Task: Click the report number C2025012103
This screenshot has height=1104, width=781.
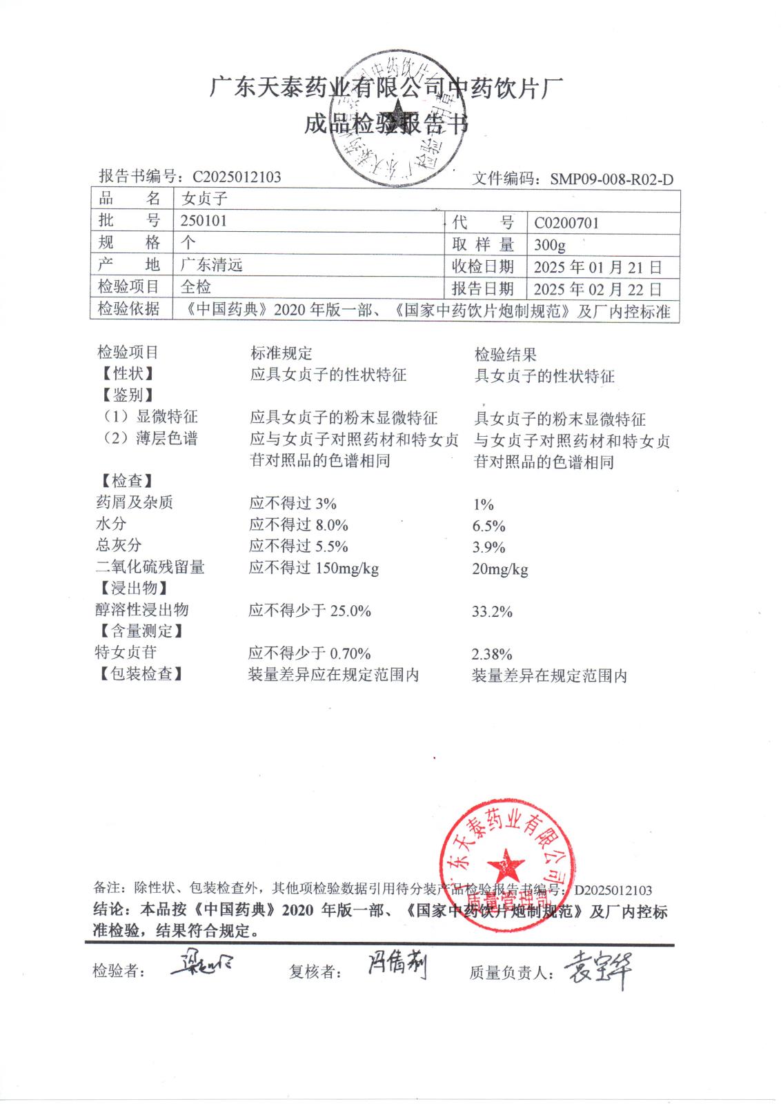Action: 237,177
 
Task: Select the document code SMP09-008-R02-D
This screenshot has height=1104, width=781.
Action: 611,179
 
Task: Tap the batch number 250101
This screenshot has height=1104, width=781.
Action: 204,221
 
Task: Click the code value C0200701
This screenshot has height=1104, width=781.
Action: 566,223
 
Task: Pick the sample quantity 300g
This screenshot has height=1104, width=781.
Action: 550,245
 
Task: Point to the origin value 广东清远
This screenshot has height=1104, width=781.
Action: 211,265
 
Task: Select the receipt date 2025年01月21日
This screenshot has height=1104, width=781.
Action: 597,267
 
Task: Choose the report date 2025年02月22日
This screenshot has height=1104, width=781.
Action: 597,288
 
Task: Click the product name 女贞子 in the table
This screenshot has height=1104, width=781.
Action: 204,199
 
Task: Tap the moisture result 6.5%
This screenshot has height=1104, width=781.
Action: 489,526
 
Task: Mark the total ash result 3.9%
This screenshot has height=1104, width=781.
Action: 489,547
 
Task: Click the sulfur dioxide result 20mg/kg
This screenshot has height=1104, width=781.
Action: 500,569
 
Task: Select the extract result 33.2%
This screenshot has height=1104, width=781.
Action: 492,611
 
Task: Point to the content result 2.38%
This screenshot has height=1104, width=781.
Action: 492,654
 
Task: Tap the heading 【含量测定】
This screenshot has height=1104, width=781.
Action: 139,631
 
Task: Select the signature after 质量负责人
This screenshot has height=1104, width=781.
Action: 597,970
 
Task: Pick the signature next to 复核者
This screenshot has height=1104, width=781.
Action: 396,967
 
